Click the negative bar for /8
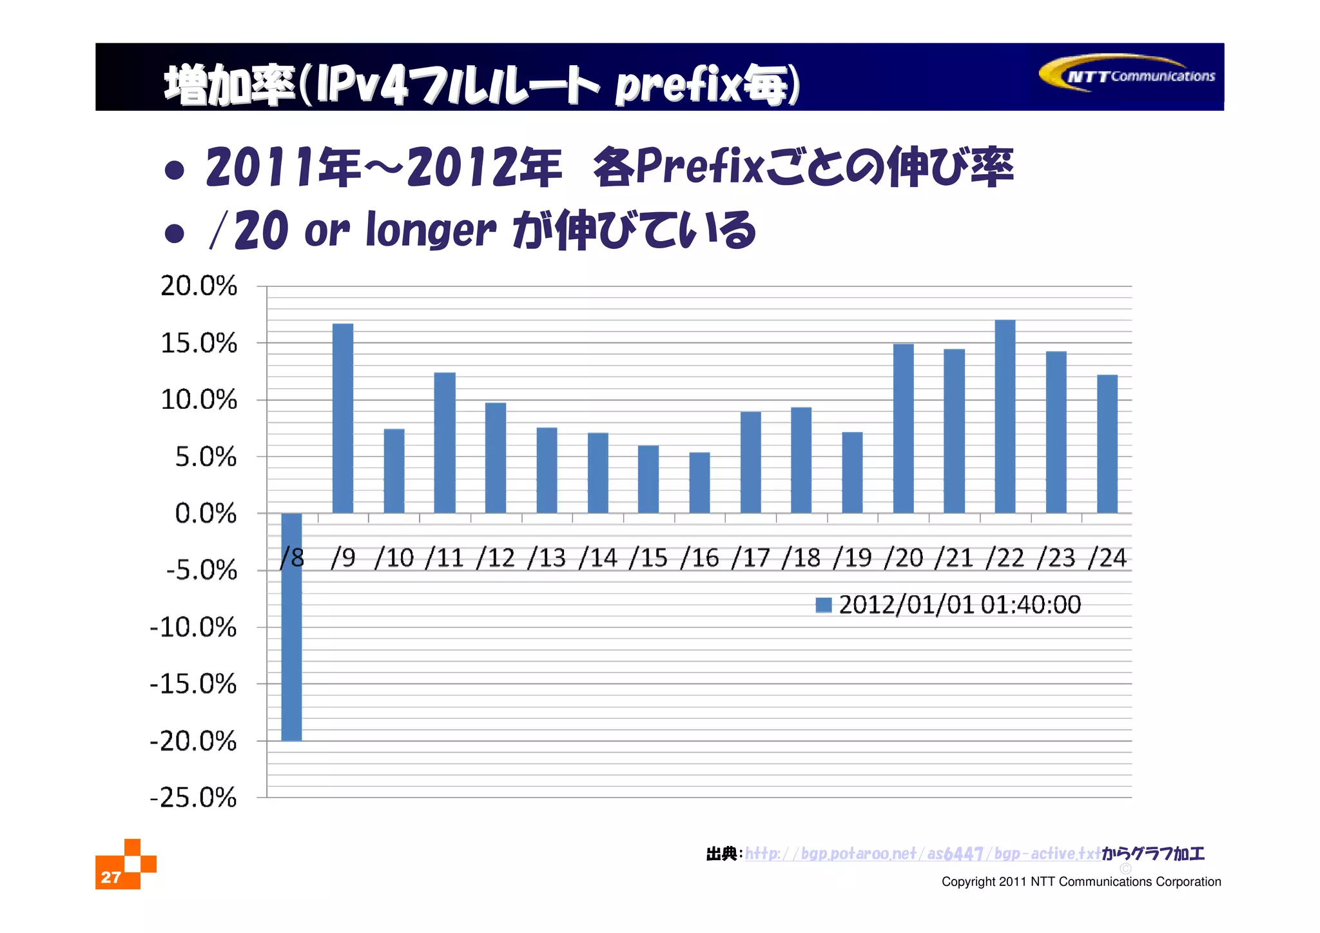coord(291,627)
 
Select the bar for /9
coord(343,418)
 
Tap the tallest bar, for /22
coord(1005,417)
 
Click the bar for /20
coord(903,428)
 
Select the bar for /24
coord(1107,444)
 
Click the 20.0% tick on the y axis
coord(199,286)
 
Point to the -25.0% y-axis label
coord(193,798)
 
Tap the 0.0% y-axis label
coord(206,514)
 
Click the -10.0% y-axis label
coord(193,627)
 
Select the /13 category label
coord(547,558)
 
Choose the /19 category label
coord(852,558)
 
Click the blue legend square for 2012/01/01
coord(823,605)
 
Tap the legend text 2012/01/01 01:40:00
coord(960,605)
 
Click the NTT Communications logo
coord(1127,74)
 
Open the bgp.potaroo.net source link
coord(922,854)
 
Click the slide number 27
coord(111,877)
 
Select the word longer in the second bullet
coord(431,230)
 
